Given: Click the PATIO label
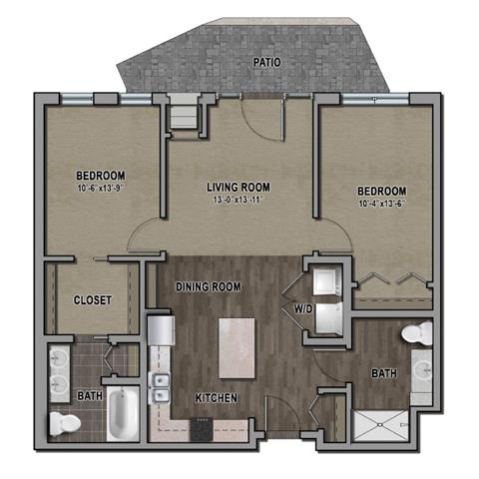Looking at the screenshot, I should coord(266,62).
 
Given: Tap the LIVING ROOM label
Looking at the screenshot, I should coord(238,187).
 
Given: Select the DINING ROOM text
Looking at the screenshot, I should coord(211,287).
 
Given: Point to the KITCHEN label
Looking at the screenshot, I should coord(217,398).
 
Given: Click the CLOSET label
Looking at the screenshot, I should coord(93,300).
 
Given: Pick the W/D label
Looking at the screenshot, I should coord(302,309).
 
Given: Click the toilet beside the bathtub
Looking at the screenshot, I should coord(65,424).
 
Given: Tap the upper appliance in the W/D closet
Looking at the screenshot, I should coord(325,280).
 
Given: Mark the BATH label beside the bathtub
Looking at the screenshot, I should coord(90,396).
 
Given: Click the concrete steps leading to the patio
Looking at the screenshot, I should coord(183,113).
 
